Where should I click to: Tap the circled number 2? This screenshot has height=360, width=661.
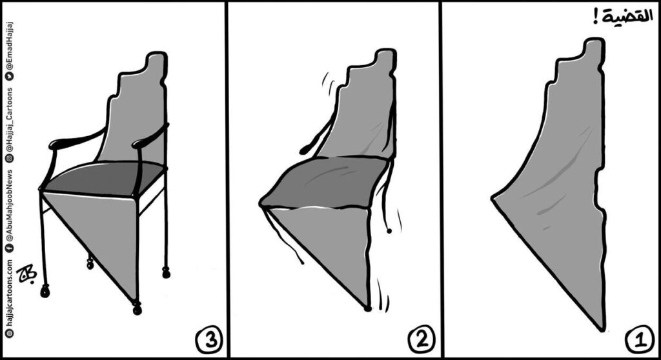(420, 337)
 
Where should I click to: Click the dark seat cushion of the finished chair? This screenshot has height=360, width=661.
(103, 177)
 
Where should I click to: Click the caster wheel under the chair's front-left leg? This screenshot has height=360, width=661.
(45, 292)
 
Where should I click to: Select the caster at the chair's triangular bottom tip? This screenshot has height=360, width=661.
(137, 308)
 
